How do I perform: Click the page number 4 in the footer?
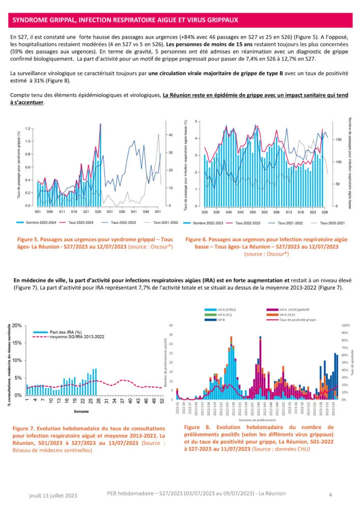point(330,494)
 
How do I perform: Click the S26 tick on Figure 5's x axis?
point(98,211)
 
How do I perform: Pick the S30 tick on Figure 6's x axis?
point(204,211)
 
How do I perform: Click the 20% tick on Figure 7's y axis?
point(17,325)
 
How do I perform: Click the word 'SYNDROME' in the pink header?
point(32,20)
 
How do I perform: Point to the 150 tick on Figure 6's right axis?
point(339,139)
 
